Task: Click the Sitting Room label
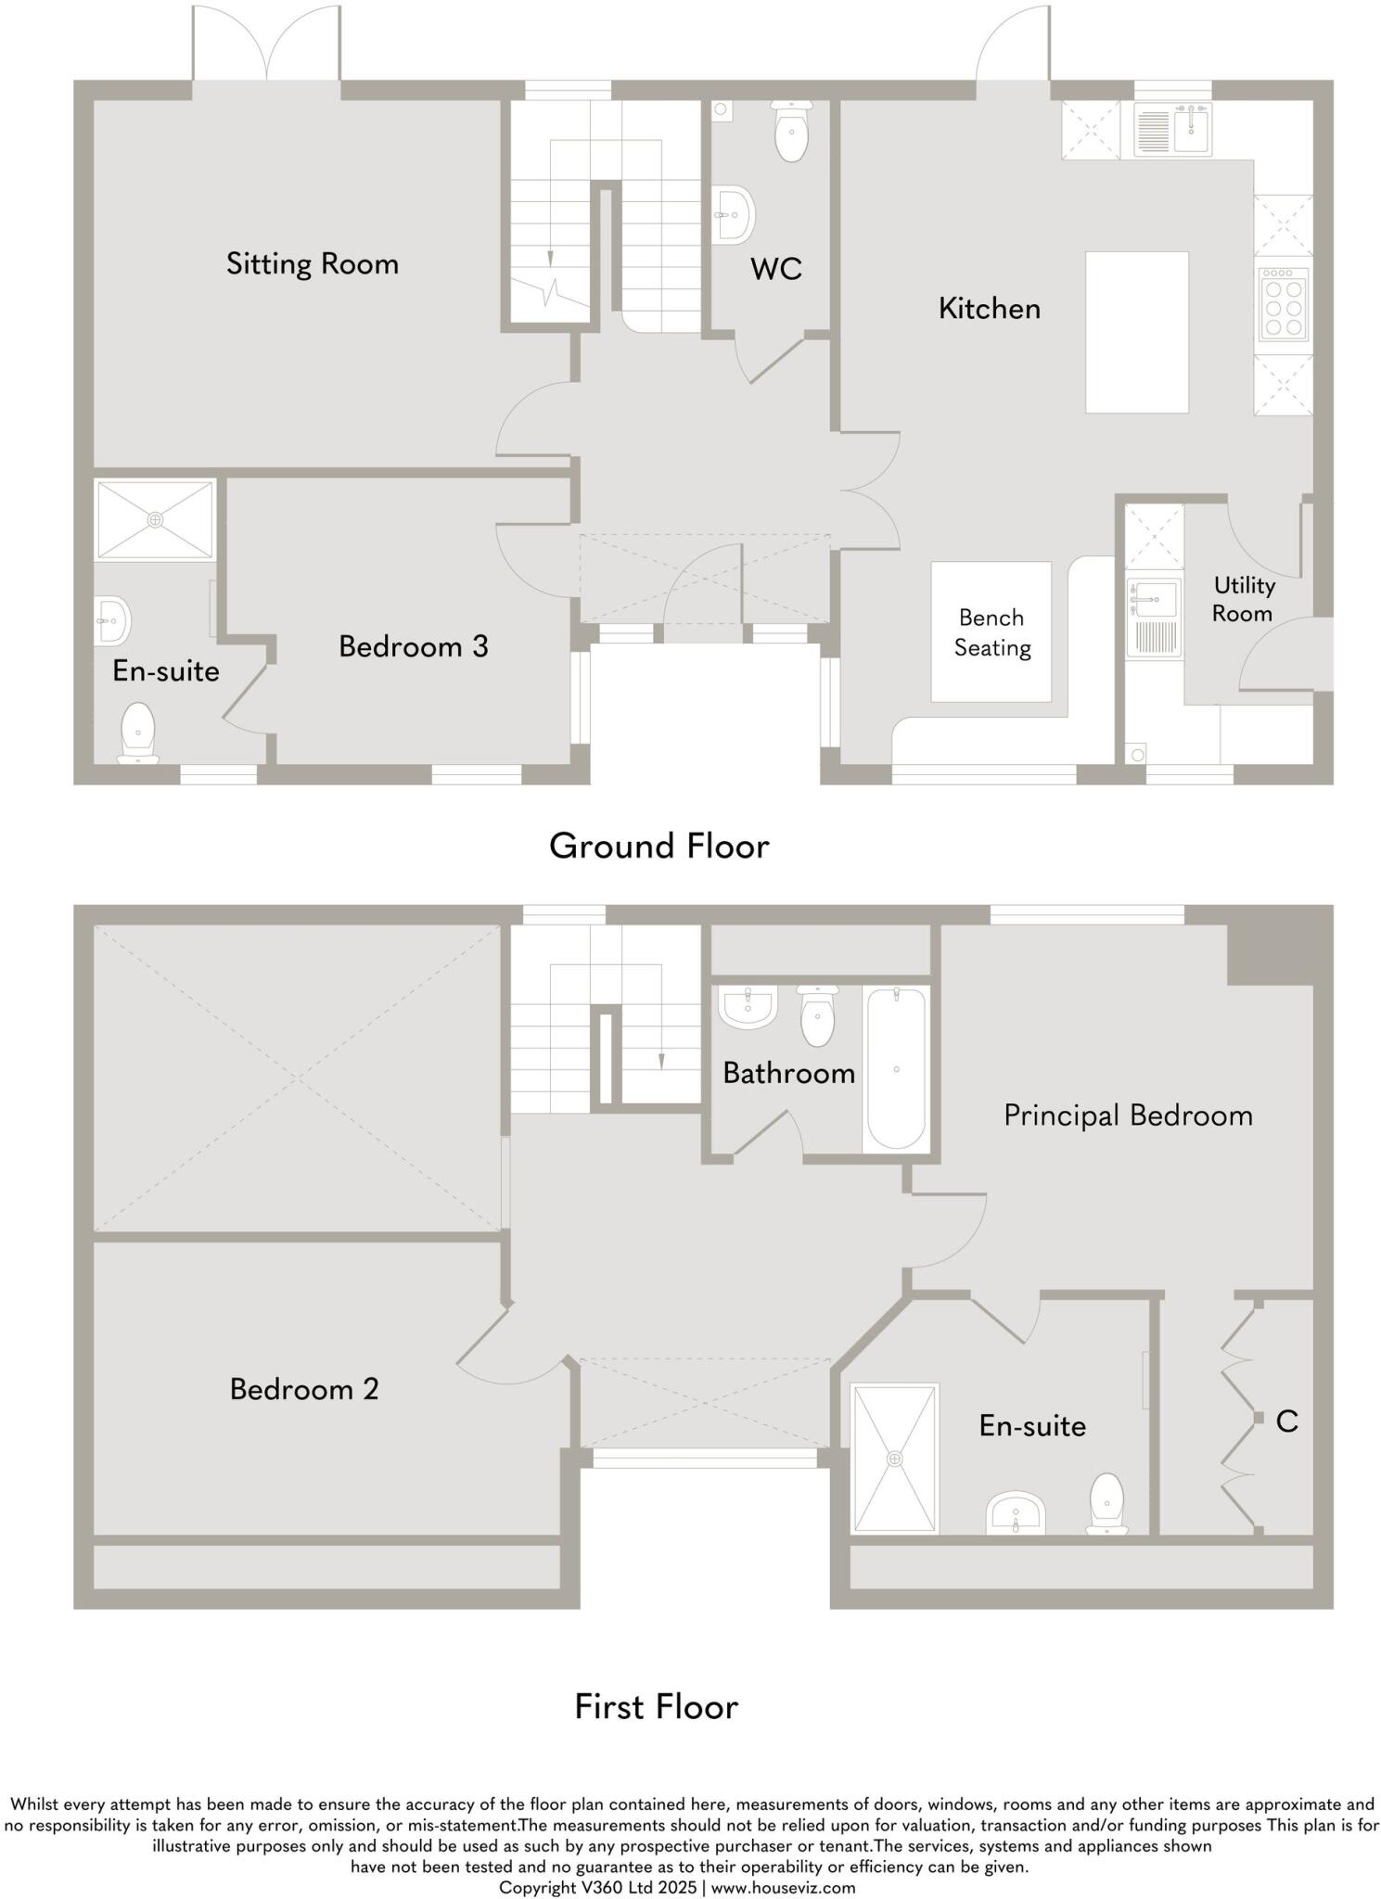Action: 312,264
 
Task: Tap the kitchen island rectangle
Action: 1136,332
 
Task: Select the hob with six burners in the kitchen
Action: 1283,303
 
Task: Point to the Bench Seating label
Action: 991,632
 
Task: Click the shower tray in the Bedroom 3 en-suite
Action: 155,519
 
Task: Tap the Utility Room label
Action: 1243,599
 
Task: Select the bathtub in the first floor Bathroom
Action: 895,1069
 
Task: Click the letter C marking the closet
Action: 1285,1421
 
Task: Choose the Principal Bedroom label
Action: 1127,1115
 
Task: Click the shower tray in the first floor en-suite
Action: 894,1458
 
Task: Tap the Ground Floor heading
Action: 659,846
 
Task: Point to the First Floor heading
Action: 656,1706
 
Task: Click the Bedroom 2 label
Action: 304,1389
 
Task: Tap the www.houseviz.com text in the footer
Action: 783,1887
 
